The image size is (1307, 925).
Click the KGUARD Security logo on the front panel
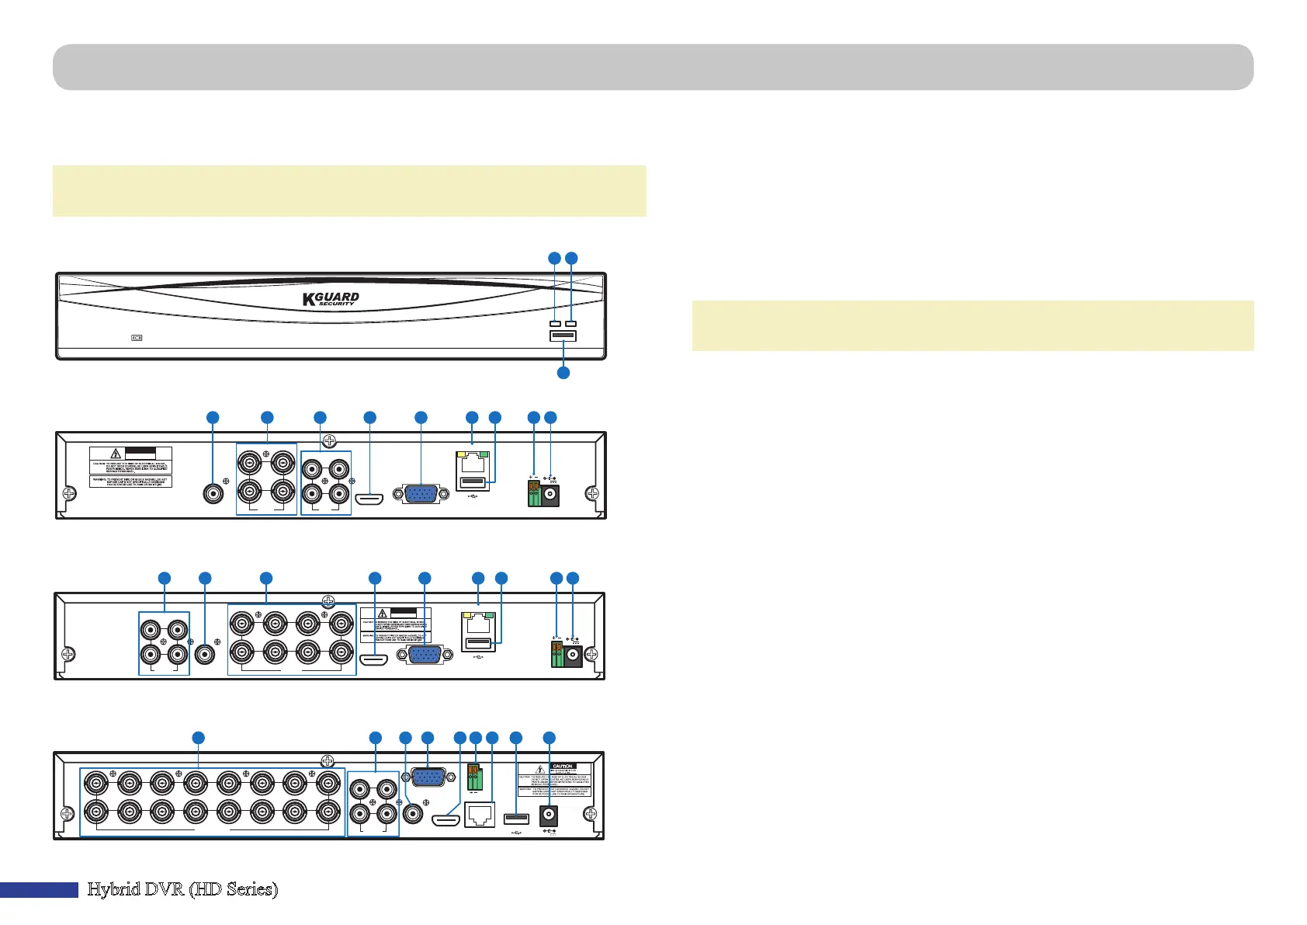pos(331,299)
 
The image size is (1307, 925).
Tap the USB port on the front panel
pos(563,336)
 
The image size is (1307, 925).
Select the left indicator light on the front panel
pos(555,323)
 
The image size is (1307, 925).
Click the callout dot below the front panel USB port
pos(563,373)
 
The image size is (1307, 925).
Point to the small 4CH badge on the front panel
pos(137,338)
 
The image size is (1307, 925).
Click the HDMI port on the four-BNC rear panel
pos(369,498)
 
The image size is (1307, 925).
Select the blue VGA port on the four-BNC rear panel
pos(421,494)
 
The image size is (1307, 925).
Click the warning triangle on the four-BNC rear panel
pos(115,454)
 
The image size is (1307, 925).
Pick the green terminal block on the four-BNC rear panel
pos(534,495)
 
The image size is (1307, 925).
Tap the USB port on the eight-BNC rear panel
pos(479,643)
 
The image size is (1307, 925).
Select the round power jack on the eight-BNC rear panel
pos(574,657)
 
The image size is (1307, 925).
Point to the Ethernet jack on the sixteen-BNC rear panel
pos(479,815)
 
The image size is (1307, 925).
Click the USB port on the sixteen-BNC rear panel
pos(516,819)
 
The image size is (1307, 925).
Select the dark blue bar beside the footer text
pos(39,890)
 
